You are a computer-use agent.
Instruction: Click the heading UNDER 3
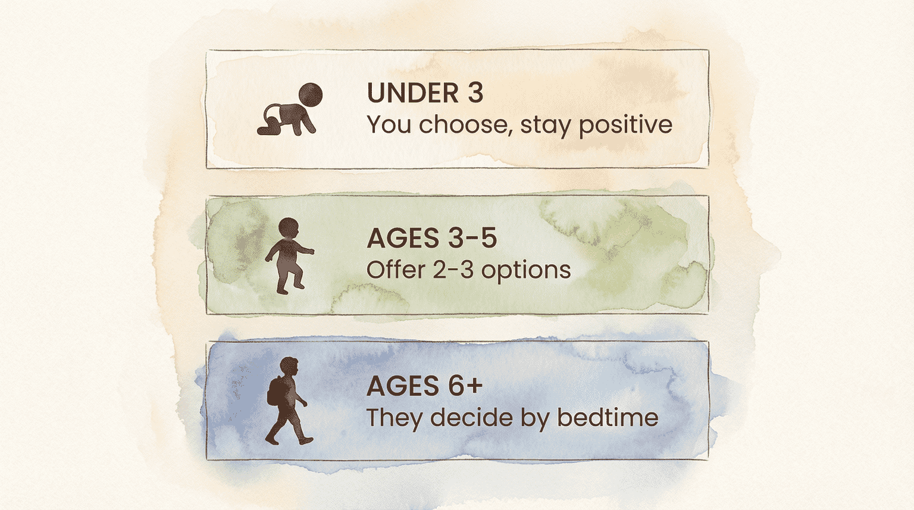click(425, 93)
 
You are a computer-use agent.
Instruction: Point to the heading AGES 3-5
click(431, 239)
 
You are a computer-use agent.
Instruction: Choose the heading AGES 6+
click(424, 386)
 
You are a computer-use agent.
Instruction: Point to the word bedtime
click(608, 418)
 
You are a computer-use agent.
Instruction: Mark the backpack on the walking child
click(276, 390)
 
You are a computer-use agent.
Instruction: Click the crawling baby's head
click(310, 95)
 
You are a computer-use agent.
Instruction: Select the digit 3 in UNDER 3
click(475, 93)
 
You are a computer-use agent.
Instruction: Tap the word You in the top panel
click(389, 125)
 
